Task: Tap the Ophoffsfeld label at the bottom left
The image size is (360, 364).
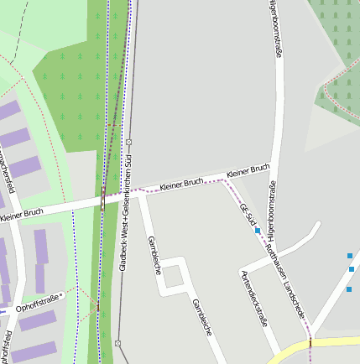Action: click(x=7, y=346)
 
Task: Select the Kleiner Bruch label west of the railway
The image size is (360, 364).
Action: click(x=22, y=215)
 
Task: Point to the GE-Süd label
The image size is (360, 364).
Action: click(x=246, y=215)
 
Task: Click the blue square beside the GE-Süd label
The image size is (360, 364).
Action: click(x=258, y=230)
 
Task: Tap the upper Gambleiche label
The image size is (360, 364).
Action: click(x=154, y=255)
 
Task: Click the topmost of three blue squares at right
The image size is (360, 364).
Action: click(x=349, y=255)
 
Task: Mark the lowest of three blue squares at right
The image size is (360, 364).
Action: click(x=348, y=289)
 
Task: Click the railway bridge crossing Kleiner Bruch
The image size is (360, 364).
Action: click(x=102, y=200)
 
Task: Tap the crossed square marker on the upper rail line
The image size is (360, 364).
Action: click(x=129, y=142)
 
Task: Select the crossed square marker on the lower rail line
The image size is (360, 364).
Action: click(x=118, y=342)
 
